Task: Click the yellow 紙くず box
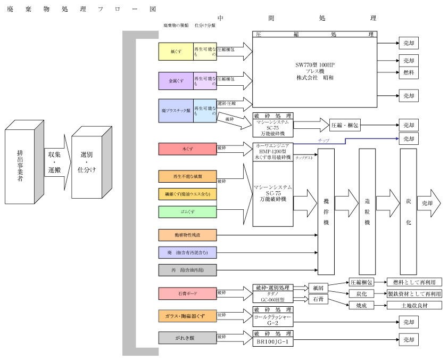click(x=176, y=52)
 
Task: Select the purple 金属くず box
click(x=176, y=81)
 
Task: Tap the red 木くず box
click(x=187, y=149)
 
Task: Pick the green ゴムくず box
click(x=187, y=212)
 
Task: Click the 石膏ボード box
click(x=187, y=293)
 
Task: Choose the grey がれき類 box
click(x=187, y=338)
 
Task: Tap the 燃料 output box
click(x=408, y=72)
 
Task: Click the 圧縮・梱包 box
click(x=345, y=126)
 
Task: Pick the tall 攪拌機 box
click(x=326, y=211)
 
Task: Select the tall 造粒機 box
click(x=367, y=211)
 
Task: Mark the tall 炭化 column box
click(x=408, y=211)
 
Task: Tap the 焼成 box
click(x=361, y=306)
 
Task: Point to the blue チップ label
click(x=323, y=140)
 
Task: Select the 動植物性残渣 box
click(x=187, y=235)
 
